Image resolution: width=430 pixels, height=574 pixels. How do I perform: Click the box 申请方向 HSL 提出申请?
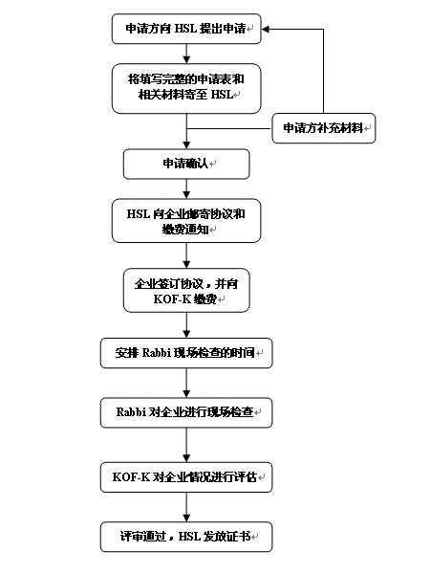point(186,29)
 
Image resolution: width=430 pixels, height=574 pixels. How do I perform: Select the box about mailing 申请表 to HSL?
point(186,89)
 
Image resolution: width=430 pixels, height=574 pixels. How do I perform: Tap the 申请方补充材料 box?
point(324,128)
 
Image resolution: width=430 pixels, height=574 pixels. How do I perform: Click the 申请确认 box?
point(186,164)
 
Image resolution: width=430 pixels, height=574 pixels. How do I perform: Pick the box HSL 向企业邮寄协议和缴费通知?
point(186,221)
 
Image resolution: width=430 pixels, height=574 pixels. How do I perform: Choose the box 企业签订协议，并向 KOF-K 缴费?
point(186,290)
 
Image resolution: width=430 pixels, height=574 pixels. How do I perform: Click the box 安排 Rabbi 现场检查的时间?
point(186,353)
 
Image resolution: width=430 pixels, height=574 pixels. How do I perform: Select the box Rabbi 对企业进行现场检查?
point(186,412)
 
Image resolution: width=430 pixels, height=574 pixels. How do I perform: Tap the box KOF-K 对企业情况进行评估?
point(186,477)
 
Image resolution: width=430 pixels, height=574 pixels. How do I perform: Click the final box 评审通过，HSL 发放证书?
point(186,537)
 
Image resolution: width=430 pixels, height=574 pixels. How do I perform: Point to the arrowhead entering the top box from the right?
point(266,30)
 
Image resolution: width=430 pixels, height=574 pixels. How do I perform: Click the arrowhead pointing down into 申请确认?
point(186,145)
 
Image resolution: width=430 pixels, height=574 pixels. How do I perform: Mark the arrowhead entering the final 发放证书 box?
point(186,518)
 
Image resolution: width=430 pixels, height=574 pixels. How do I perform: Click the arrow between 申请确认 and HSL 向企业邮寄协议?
point(186,188)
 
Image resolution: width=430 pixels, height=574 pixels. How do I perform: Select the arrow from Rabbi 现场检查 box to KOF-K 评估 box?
point(186,445)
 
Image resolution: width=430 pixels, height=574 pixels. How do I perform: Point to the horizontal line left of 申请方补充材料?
point(229,128)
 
